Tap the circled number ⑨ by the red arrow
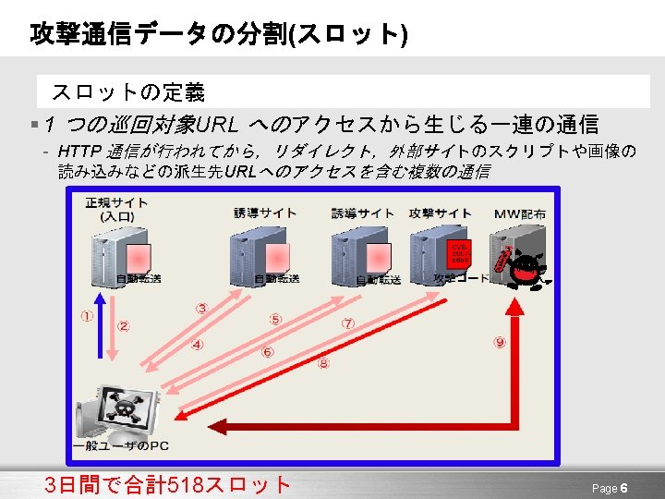click(500, 342)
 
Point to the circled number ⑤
click(275, 319)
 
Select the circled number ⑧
click(323, 363)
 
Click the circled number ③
click(201, 308)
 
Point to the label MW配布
click(519, 213)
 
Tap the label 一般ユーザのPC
click(120, 446)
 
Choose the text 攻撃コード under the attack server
click(462, 278)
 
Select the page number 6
click(624, 488)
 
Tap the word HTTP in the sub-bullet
click(79, 151)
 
